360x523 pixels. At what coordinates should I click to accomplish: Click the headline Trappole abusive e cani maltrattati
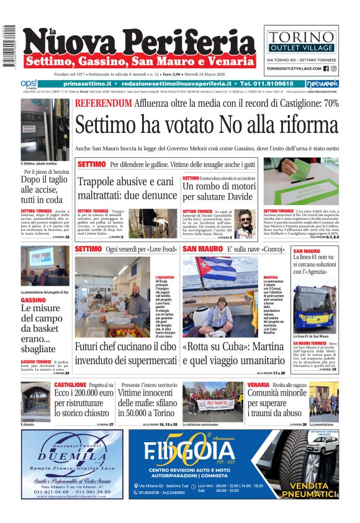[x=126, y=189]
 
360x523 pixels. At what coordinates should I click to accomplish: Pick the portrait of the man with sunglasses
[x=246, y=222]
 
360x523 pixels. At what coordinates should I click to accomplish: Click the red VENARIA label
[x=258, y=385]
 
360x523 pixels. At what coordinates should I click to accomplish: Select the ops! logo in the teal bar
[x=29, y=83]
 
